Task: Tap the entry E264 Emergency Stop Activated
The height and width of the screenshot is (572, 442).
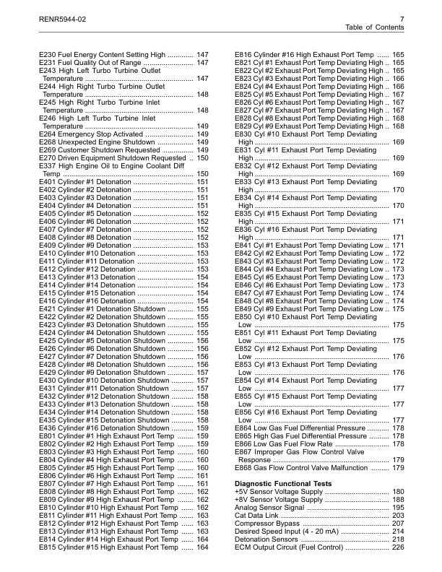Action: pos(90,134)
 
